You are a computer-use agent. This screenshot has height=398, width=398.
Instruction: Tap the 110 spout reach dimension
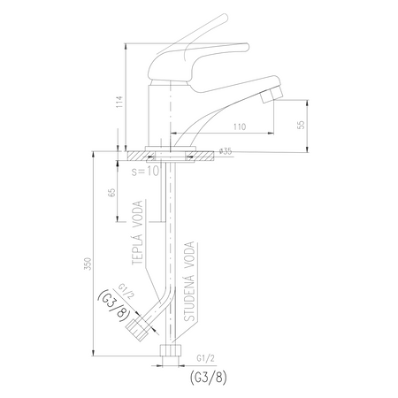240,126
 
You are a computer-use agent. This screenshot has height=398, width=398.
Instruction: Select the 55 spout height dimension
302,125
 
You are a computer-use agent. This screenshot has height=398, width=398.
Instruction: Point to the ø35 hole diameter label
226,151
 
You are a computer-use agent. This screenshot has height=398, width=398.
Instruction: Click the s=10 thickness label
145,171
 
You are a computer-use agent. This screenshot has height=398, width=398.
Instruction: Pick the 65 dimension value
112,193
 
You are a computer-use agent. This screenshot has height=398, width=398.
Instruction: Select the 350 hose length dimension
88,263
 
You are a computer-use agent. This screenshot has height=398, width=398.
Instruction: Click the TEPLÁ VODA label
137,233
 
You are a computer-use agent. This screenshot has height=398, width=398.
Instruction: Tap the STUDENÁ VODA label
189,281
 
